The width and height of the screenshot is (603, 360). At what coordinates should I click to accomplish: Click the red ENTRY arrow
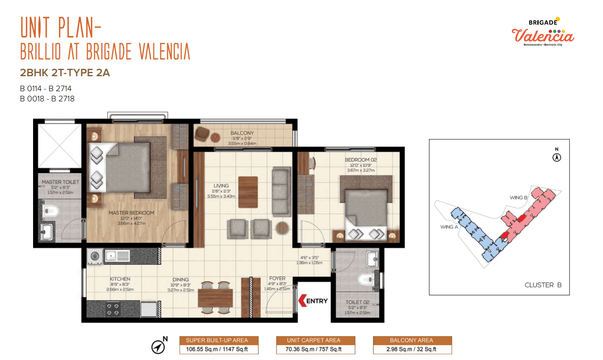(302, 301)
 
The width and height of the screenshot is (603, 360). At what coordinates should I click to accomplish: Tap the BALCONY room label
(242, 133)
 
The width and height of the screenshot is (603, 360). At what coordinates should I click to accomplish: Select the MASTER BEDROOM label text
(131, 213)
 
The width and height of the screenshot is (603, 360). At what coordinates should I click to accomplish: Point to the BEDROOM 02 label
(361, 160)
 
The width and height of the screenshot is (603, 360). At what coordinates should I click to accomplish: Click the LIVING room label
(221, 186)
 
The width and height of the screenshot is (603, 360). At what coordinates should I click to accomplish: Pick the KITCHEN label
(120, 279)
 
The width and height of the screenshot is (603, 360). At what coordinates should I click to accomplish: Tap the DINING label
(180, 279)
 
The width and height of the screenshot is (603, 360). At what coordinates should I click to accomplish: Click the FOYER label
(277, 278)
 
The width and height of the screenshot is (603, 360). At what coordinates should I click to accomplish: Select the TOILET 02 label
(357, 302)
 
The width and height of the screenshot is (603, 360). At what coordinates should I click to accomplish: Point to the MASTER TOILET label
(60, 182)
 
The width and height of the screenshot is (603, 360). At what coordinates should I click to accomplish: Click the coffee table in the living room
(248, 192)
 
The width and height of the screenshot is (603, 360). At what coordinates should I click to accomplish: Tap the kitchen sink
(117, 256)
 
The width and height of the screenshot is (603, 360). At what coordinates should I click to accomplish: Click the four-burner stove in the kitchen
(113, 309)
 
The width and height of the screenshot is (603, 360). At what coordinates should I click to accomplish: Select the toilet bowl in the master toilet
(50, 211)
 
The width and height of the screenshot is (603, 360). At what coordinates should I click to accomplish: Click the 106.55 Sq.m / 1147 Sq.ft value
(217, 349)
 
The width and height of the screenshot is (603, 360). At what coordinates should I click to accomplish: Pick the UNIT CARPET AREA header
(313, 340)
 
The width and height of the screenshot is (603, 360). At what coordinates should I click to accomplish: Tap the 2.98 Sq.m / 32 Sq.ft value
(411, 349)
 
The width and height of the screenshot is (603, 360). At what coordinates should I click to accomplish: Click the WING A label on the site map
(449, 227)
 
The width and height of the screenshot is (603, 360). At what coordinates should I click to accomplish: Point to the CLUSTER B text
(543, 285)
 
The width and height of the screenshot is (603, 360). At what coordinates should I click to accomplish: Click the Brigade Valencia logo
(543, 32)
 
